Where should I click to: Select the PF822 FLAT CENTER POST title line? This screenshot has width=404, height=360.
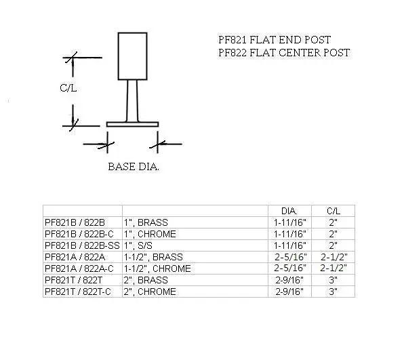284,52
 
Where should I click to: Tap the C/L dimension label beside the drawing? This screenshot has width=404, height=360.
67,87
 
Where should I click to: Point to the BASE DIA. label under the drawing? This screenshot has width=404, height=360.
134,166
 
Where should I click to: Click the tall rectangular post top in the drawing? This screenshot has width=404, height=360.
132,56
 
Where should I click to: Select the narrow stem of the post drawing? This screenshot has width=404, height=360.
132,100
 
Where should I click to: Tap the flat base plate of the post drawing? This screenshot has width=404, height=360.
132,124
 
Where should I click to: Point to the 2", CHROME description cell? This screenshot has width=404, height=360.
150,292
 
